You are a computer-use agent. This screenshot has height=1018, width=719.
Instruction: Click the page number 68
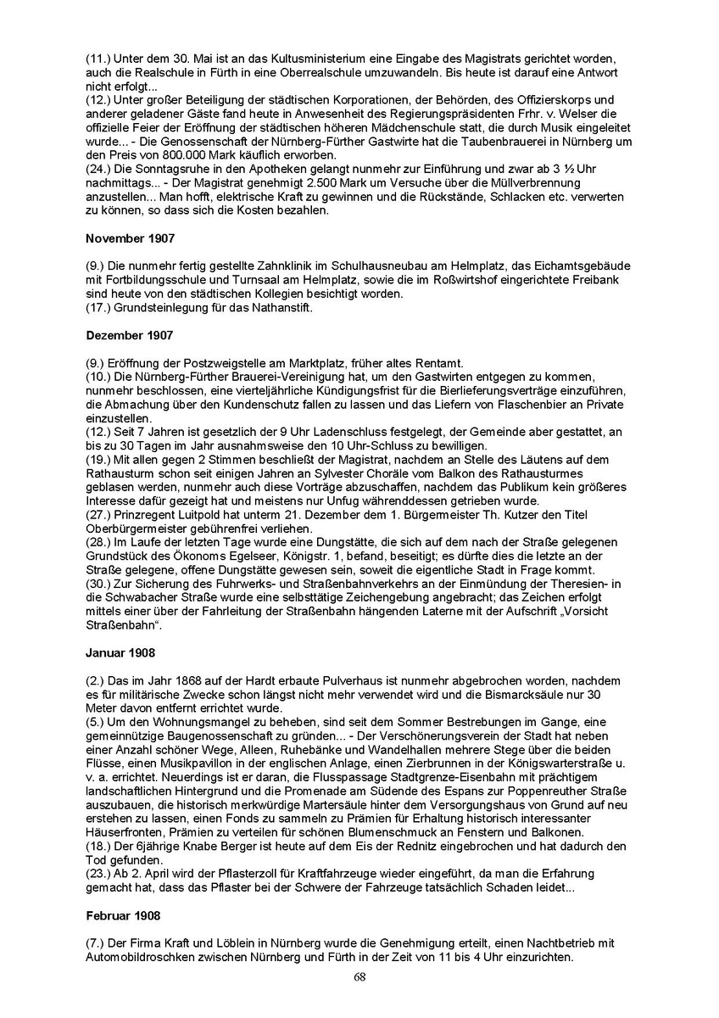click(x=359, y=976)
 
